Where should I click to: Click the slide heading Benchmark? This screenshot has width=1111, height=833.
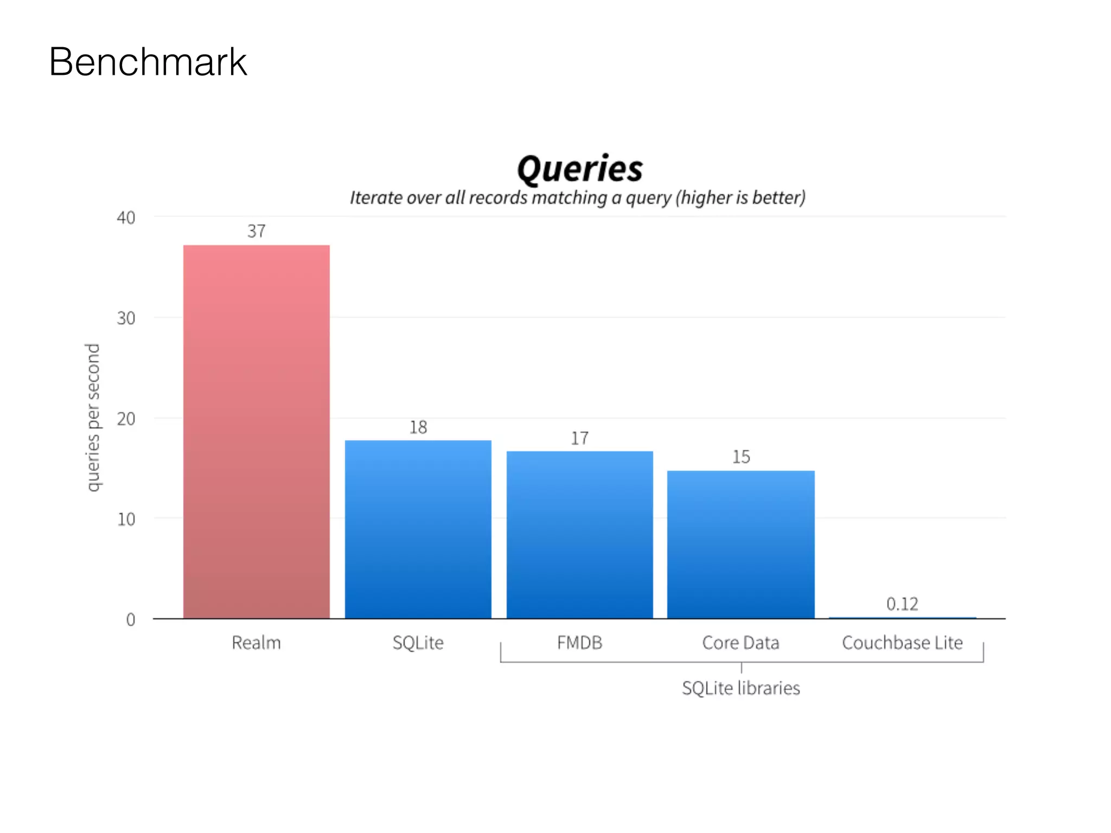148,62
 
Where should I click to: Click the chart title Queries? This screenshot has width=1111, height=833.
579,169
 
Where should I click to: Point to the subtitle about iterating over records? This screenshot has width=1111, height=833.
577,198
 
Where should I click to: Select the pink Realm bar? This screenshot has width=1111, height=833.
256,431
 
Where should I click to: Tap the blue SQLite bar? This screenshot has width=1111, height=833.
418,529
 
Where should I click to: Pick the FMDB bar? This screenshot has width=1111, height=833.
579,534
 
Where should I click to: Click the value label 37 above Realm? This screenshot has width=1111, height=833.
256,232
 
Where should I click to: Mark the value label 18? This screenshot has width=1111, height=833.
418,428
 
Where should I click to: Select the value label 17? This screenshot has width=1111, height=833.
579,439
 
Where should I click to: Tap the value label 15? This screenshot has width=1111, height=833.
741,457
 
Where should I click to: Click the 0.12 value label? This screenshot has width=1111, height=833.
902,604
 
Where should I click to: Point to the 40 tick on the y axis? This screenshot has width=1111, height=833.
126,218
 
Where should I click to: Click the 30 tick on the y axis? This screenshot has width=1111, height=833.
126,318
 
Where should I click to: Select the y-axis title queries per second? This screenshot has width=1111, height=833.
93,418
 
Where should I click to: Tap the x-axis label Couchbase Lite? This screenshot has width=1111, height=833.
902,643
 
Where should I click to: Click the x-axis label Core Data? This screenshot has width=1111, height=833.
740,643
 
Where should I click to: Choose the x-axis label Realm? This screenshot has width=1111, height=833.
256,643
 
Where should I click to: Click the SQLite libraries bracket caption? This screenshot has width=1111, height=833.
740,688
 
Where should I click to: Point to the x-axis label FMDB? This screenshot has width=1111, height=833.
579,643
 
